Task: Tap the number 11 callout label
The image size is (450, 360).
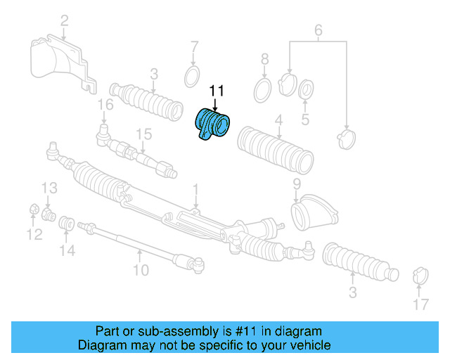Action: point(215,91)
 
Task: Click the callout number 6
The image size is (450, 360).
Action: point(318,30)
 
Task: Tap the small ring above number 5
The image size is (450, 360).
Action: point(307,90)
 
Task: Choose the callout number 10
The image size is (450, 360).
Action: point(141,269)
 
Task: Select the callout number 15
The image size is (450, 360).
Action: point(143,134)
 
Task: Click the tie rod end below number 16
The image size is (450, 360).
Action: point(103,131)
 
